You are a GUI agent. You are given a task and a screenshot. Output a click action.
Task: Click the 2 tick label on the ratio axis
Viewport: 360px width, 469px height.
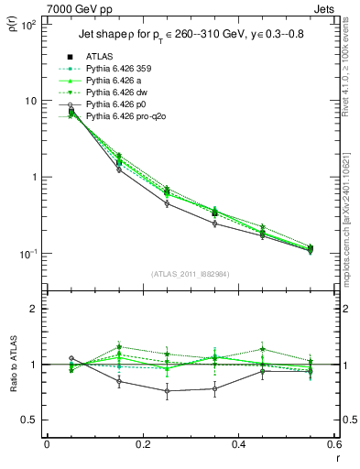coord(32,310)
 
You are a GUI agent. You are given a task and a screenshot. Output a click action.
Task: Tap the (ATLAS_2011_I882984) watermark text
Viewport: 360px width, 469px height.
coord(190,275)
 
